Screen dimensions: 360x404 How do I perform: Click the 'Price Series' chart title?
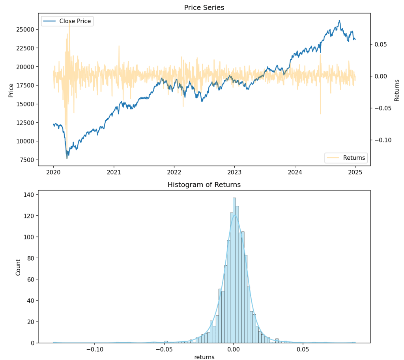pyautogui.click(x=204, y=7)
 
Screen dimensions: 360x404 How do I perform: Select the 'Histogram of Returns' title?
pyautogui.click(x=204, y=185)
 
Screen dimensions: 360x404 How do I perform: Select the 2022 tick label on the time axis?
pyautogui.click(x=174, y=172)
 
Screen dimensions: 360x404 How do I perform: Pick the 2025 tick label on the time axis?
pyautogui.click(x=355, y=172)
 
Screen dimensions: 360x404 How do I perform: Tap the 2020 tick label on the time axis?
pyautogui.click(x=53, y=172)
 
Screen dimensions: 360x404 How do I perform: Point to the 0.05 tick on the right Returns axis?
pyautogui.click(x=380, y=45)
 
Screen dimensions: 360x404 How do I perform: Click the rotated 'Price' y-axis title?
pyautogui.click(x=11, y=90)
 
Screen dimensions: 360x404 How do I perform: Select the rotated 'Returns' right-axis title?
pyautogui.click(x=397, y=90)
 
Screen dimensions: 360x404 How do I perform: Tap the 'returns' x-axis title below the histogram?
pyautogui.click(x=204, y=356)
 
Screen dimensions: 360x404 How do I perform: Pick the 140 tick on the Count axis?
pyautogui.click(x=30, y=194)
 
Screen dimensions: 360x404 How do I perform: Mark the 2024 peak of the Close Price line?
pyautogui.click(x=339, y=21)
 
